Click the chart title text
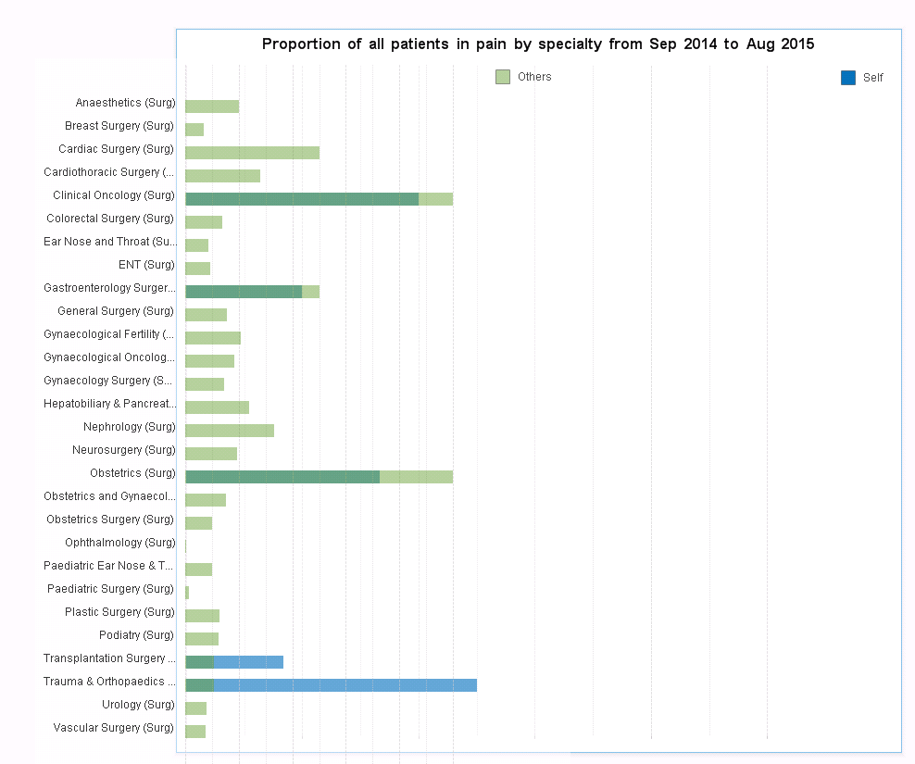[538, 44]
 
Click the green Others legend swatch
[503, 77]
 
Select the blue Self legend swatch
[848, 78]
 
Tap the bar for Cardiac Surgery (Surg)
[252, 153]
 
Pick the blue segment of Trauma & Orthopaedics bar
[345, 685]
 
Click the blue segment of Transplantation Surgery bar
[248, 662]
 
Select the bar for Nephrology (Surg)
[230, 431]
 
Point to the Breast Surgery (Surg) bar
[194, 130]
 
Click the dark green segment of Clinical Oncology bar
[302, 199]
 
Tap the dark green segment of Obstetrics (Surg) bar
[282, 477]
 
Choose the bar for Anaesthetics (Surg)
[212, 106]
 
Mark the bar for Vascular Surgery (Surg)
[195, 732]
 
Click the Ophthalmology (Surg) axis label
[119, 543]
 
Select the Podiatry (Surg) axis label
[136, 635]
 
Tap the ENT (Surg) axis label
[146, 265]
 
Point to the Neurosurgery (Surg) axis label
[123, 450]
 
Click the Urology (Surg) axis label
[138, 705]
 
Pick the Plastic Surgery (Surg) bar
[202, 616]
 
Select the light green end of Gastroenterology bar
[311, 292]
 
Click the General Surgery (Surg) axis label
[116, 311]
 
